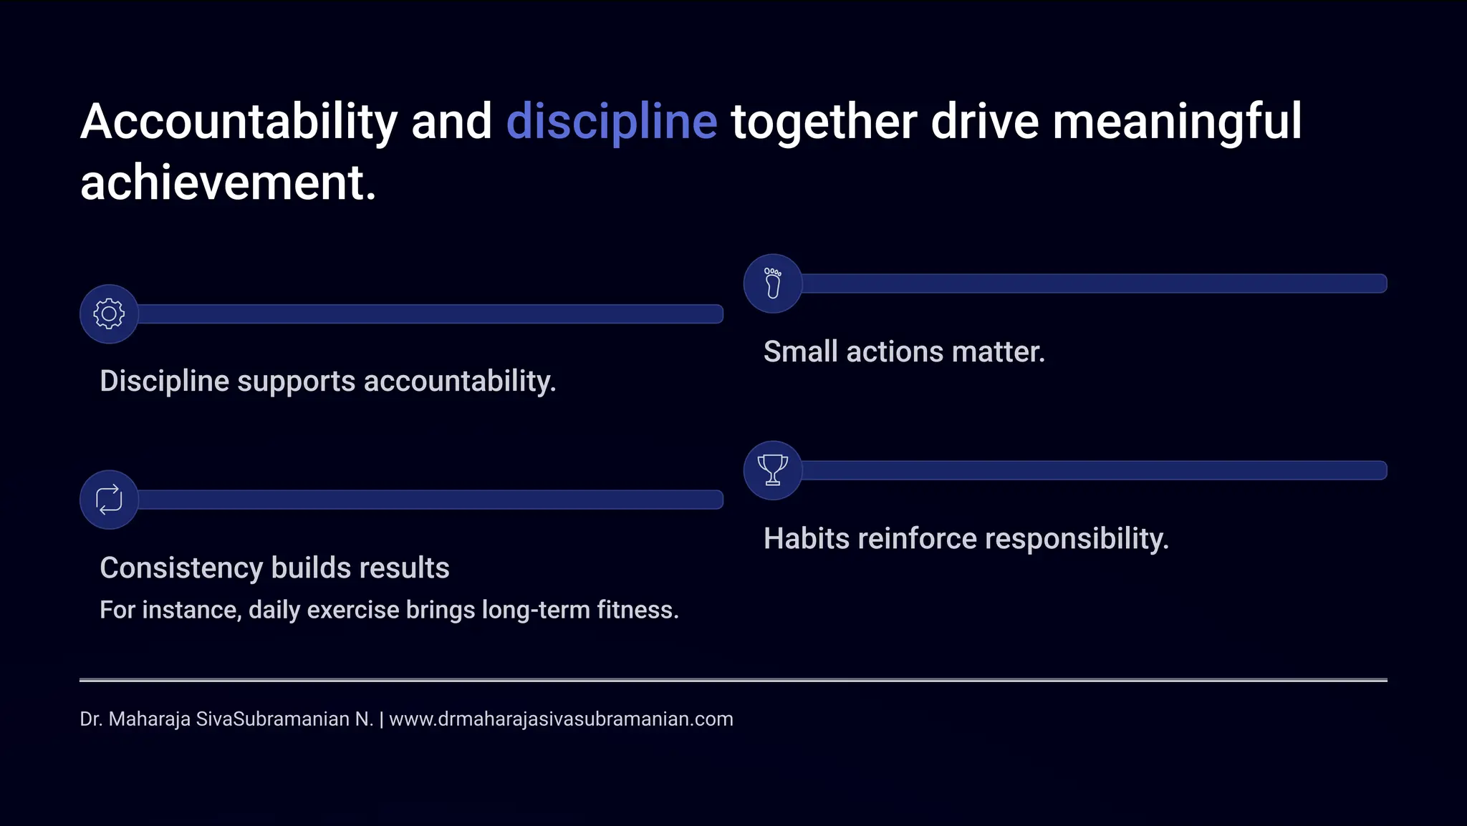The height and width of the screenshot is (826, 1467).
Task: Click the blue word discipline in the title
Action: (611, 122)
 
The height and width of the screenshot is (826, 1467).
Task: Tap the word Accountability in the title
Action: (239, 122)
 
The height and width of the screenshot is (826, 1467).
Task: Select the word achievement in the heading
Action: (227, 183)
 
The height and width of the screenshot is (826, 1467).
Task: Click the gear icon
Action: (109, 314)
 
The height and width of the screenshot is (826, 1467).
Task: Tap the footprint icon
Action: (773, 283)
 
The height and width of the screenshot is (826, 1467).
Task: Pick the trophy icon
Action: (773, 470)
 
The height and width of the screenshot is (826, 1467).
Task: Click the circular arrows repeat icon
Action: (109, 500)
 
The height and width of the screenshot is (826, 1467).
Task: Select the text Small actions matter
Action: (904, 351)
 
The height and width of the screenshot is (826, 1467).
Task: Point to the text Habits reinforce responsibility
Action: (966, 538)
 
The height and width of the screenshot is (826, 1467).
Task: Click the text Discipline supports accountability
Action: (327, 381)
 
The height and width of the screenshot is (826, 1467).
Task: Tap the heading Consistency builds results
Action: (274, 568)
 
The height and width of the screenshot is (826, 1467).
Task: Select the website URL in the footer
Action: (561, 719)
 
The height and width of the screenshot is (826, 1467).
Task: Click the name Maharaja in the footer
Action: (149, 719)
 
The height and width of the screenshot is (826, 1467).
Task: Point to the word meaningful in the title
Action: (1176, 122)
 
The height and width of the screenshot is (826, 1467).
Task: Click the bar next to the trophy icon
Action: (1094, 470)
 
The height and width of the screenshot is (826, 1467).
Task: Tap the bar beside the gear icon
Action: (430, 314)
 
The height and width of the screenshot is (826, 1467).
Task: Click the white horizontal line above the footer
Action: (733, 679)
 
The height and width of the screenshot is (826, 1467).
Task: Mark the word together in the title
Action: (823, 122)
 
